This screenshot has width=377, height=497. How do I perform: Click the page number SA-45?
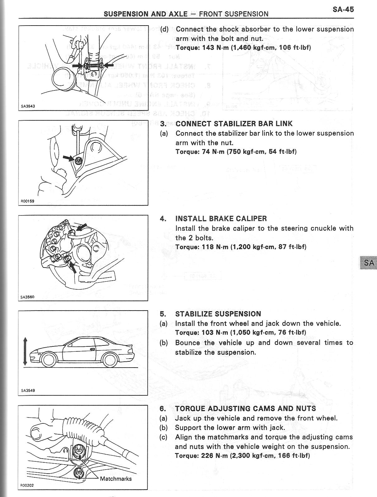(x=343, y=9)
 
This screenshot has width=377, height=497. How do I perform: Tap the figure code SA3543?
(x=28, y=106)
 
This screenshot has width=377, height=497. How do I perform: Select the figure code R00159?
(x=27, y=201)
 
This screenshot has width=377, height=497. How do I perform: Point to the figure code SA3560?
(x=27, y=297)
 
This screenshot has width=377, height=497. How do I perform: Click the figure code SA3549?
(x=28, y=390)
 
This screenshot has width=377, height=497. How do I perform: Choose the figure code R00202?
(x=27, y=485)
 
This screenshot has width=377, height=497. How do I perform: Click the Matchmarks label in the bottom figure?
(x=116, y=479)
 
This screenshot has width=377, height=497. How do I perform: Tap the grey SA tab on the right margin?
(x=369, y=263)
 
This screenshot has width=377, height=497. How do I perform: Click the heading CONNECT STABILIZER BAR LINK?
(x=234, y=124)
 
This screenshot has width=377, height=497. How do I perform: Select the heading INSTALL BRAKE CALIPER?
(x=221, y=219)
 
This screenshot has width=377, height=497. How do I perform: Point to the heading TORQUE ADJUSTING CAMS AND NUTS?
(x=246, y=409)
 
